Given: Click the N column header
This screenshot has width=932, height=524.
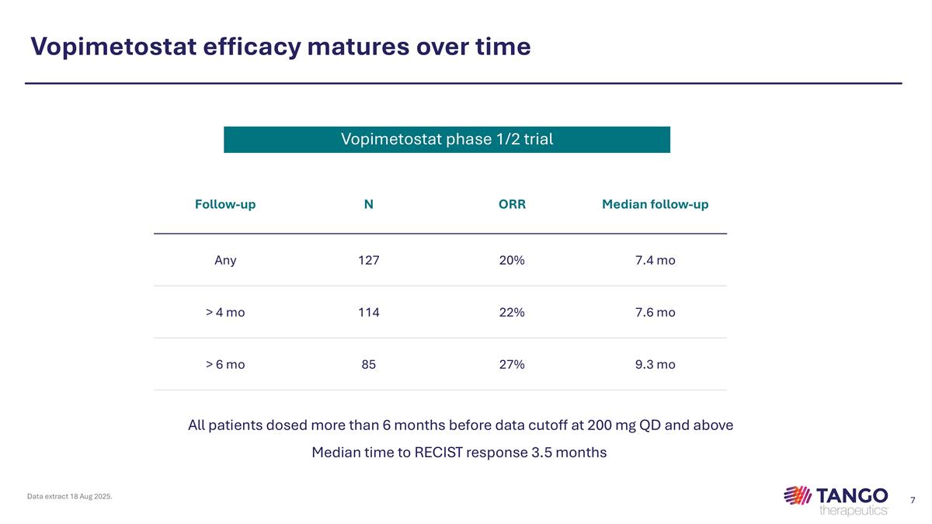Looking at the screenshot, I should (369, 205).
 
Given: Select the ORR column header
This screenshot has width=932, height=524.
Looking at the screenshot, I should (512, 205).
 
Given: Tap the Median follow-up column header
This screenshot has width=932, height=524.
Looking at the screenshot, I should (655, 205).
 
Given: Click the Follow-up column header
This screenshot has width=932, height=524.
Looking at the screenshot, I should (225, 205).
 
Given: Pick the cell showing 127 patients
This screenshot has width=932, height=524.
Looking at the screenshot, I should (369, 261).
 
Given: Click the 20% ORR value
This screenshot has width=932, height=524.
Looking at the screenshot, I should (512, 261).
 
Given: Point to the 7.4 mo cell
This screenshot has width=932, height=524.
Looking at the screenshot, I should (655, 261).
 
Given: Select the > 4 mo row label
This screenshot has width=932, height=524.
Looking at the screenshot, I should (225, 313).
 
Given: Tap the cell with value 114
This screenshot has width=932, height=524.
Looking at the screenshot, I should (369, 313).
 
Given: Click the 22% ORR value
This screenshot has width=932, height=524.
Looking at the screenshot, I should (512, 313).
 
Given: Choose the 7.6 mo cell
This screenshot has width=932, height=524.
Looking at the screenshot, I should (655, 313).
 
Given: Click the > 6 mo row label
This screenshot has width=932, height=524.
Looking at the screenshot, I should (225, 364).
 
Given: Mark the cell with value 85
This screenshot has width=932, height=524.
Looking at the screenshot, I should (369, 364).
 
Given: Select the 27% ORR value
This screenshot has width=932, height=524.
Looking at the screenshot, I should (512, 364).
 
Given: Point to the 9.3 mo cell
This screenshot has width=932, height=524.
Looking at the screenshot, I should (655, 364).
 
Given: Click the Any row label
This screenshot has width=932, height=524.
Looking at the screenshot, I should (225, 261).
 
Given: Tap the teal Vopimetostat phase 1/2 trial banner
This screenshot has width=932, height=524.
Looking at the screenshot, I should (447, 140).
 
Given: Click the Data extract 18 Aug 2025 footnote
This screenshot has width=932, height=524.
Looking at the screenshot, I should (70, 496).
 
